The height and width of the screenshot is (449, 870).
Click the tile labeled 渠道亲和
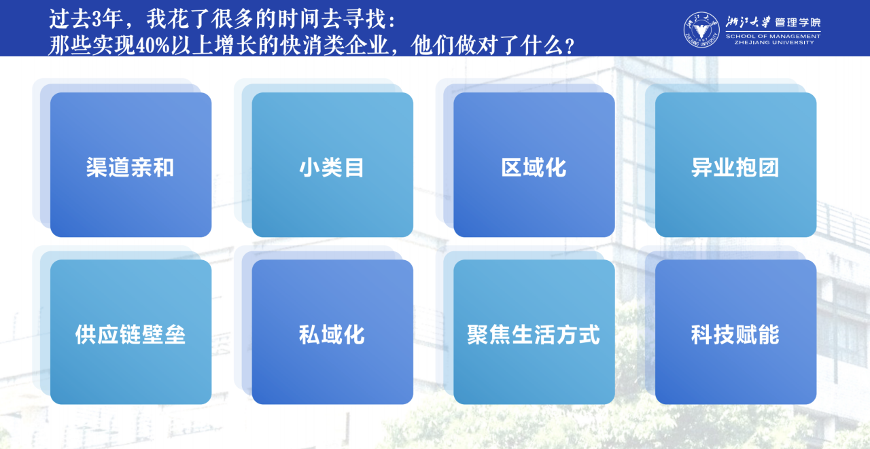[131, 164]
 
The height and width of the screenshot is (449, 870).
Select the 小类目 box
[332, 164]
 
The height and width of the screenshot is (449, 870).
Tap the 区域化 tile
[534, 164]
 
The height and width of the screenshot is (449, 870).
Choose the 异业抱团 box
[735, 164]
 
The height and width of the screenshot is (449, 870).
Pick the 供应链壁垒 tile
[131, 331]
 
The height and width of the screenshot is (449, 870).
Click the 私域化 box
[332, 331]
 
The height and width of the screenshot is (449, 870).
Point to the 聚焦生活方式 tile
[534, 331]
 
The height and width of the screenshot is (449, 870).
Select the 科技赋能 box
[735, 331]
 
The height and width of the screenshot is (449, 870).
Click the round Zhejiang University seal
[701, 29]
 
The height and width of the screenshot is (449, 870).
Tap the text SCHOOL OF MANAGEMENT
[773, 36]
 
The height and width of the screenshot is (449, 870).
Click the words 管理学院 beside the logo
[798, 22]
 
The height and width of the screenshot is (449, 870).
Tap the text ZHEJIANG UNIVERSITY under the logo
[773, 42]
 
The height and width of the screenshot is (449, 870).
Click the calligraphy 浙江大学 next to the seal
[748, 22]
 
